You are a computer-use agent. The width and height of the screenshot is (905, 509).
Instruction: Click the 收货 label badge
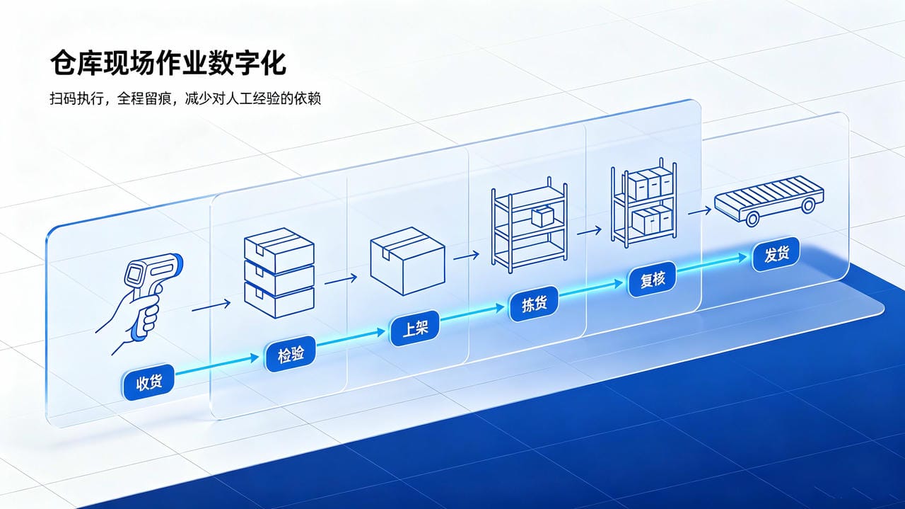coord(148,382)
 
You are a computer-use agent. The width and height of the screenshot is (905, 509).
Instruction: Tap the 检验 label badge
coord(291,355)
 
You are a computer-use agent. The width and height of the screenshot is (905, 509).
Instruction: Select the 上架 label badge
coord(415,328)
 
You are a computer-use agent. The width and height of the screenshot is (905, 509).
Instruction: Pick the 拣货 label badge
coord(534,304)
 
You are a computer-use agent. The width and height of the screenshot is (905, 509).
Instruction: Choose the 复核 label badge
coord(653,279)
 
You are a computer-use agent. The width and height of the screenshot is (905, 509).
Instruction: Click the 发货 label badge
coord(776,254)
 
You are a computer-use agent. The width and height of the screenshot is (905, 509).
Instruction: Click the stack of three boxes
coord(279,273)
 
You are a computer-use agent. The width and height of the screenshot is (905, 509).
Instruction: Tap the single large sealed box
coord(407,261)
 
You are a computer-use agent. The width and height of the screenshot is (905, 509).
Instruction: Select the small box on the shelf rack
coord(542,217)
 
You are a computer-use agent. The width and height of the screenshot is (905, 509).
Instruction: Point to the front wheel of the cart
coord(752,219)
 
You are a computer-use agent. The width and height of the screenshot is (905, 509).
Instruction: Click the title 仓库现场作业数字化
coord(168,63)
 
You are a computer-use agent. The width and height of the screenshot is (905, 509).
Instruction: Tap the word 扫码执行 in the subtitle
coord(77,98)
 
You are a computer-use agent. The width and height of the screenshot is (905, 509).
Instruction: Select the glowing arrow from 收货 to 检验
coord(217,365)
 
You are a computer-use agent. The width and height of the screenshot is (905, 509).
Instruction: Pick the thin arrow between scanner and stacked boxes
coord(211,306)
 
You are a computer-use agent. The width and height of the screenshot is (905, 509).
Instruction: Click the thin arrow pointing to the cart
coord(699,211)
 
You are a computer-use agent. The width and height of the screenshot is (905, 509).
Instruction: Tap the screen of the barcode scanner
coord(134,274)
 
